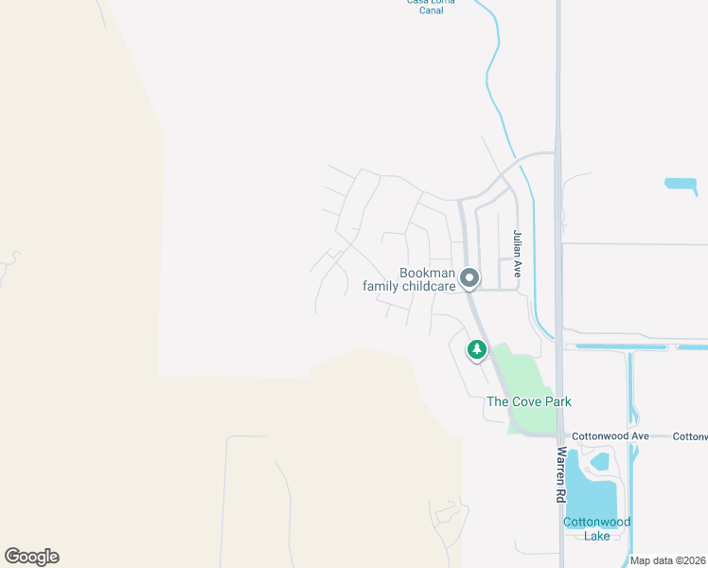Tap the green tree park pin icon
click(477, 350)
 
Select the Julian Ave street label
click(517, 253)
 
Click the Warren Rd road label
click(561, 474)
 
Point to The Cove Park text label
click(528, 401)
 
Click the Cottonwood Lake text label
click(597, 528)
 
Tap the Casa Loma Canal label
click(431, 3)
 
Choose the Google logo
click(31, 557)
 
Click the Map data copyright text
click(668, 560)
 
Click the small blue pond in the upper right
click(681, 183)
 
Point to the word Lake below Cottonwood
click(597, 535)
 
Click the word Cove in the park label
click(523, 401)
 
